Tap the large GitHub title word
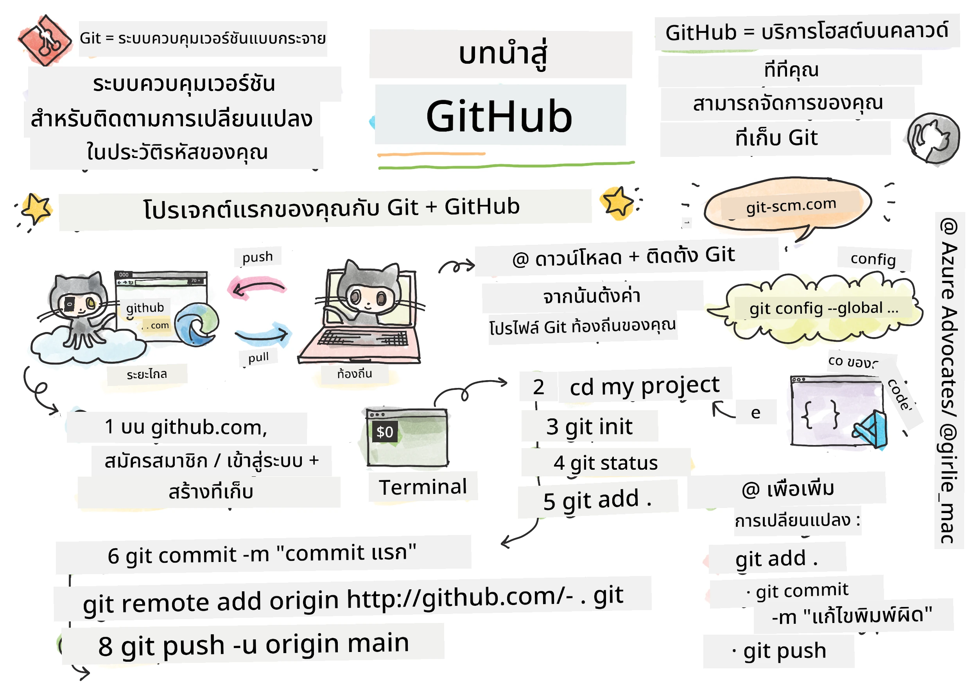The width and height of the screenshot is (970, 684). click(x=499, y=117)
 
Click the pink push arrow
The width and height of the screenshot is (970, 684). click(x=258, y=288)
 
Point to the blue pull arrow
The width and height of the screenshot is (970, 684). click(x=262, y=334)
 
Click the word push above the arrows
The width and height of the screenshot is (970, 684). click(x=257, y=257)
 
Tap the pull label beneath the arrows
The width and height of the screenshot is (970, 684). click(x=258, y=357)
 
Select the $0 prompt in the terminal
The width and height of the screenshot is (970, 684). click(x=384, y=432)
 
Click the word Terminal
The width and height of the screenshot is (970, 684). click(x=423, y=487)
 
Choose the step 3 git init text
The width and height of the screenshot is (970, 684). click(x=589, y=427)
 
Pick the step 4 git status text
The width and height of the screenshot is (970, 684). click(x=605, y=463)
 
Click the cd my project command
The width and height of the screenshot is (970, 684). click(x=644, y=386)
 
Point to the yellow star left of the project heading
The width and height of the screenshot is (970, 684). click(x=36, y=208)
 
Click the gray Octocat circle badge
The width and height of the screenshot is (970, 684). click(x=932, y=138)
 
